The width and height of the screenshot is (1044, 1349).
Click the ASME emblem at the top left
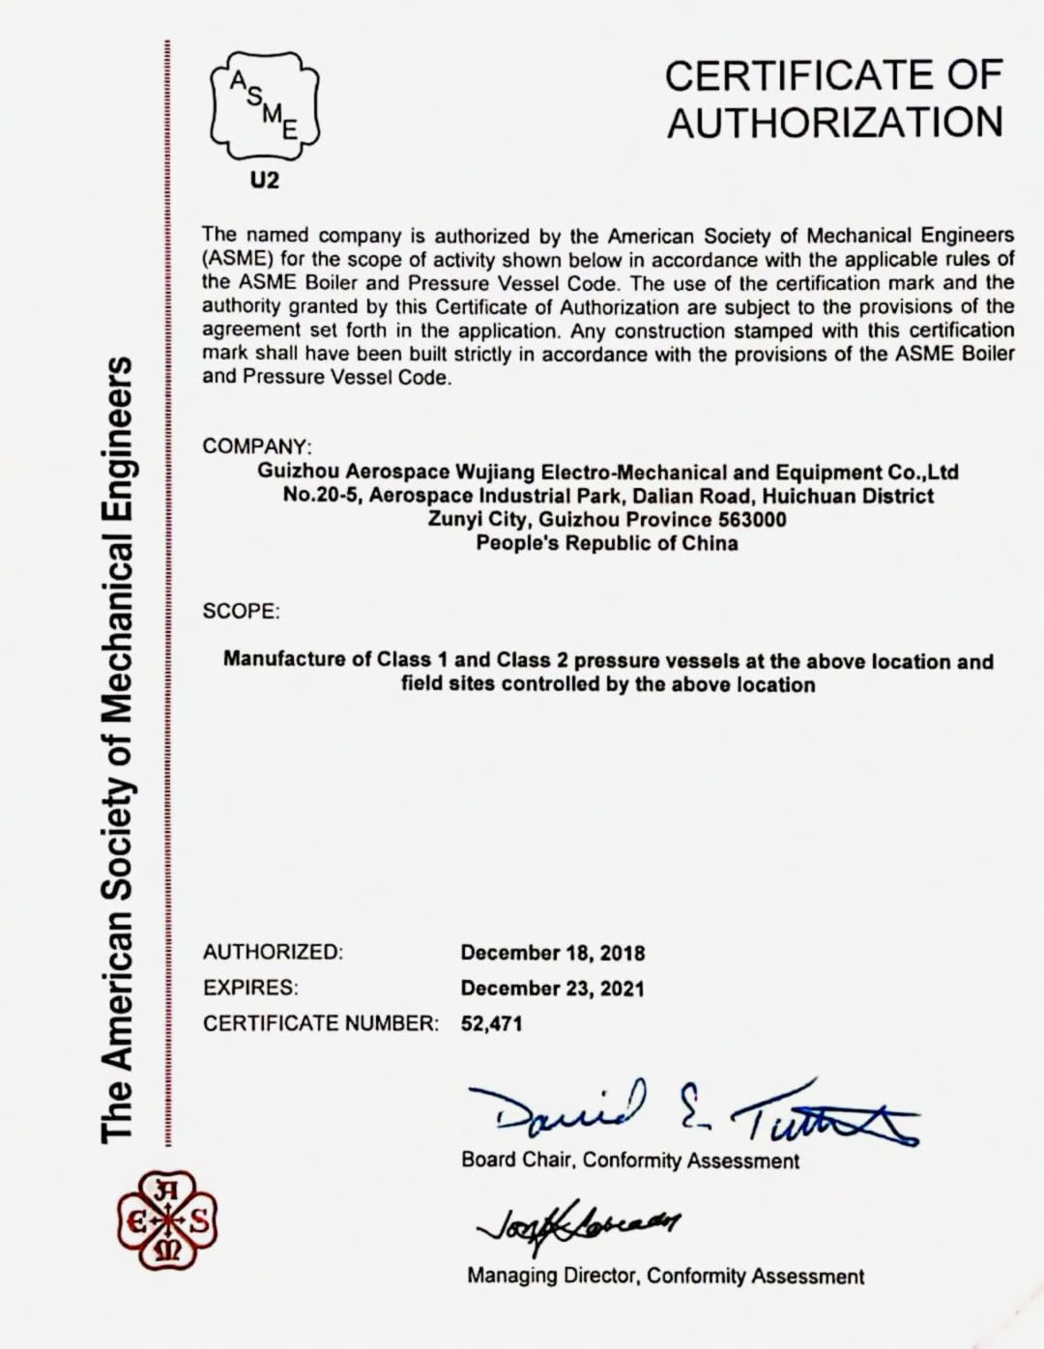click(264, 105)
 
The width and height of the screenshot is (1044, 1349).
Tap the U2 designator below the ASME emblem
click(264, 181)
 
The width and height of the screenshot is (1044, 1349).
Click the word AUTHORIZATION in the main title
click(834, 124)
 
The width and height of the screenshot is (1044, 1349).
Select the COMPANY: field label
click(257, 446)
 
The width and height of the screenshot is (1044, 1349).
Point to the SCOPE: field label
click(241, 612)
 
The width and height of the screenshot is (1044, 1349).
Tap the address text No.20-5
click(321, 497)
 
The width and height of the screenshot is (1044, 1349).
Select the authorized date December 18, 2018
click(552, 953)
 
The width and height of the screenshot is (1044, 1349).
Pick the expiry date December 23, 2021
click(552, 989)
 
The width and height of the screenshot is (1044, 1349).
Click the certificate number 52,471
click(491, 1023)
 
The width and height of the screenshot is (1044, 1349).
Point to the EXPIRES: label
click(250, 988)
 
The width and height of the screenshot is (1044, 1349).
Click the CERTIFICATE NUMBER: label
click(320, 1023)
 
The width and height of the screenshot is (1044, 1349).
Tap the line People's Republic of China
click(607, 543)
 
